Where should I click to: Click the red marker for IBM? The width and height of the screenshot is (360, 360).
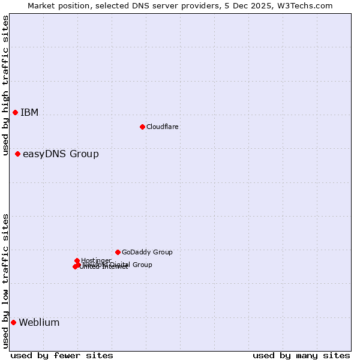pos(15,113)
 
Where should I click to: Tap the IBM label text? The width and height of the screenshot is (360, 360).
pos(29,113)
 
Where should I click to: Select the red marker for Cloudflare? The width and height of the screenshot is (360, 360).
pos(142,127)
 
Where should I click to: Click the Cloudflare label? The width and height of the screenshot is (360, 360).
pos(163,127)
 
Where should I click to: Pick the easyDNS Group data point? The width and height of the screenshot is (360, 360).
pos(17,154)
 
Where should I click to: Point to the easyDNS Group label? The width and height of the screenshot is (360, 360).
pos(61,154)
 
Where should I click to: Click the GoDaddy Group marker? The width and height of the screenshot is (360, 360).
pos(118,252)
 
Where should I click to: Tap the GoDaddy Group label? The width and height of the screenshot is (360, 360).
pos(147,253)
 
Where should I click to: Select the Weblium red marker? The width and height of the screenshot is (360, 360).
pos(13,323)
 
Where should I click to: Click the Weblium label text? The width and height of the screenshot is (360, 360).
pos(39,323)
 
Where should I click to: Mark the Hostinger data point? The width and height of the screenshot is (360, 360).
pos(77,260)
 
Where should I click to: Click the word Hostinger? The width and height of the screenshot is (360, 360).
pos(96,260)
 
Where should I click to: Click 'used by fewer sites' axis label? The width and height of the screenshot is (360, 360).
pos(62,356)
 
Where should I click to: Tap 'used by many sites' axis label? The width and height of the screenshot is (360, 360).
pos(301,356)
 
